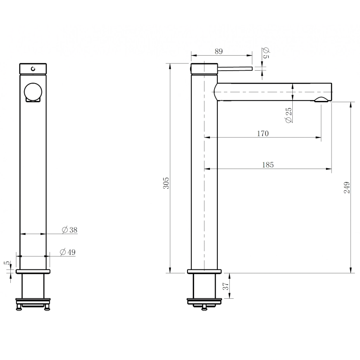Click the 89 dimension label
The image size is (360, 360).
[219, 51]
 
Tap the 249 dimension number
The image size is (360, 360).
[347, 187]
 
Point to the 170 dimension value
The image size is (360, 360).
[263, 134]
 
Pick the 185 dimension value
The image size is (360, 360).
[268, 165]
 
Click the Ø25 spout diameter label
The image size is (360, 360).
[288, 115]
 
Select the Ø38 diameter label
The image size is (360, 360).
[69, 230]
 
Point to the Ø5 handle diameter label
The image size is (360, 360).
[266, 53]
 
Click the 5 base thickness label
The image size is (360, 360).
[6, 263]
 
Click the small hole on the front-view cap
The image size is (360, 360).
[33, 69]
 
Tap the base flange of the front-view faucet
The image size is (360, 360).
[33, 272]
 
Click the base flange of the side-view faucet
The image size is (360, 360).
[204, 272]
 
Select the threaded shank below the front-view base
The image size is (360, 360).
[33, 286]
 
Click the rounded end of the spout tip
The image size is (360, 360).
[330, 91]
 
